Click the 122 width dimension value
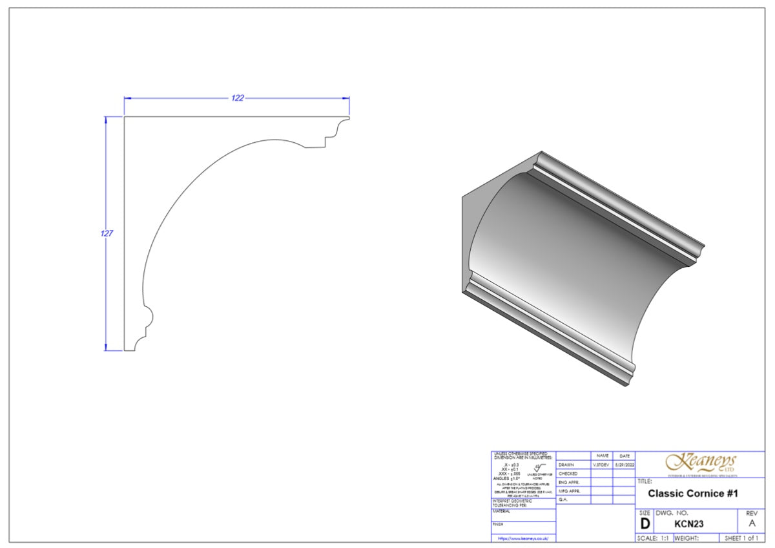click(238, 98)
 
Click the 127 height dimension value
click(107, 233)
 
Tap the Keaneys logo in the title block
click(701, 463)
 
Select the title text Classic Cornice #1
click(692, 494)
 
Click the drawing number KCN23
click(688, 523)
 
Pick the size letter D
click(645, 523)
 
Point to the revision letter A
click(751, 523)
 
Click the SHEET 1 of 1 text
click(741, 538)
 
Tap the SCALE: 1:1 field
click(653, 538)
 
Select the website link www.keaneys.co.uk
click(522, 538)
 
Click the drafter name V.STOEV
click(601, 465)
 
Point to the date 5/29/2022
click(624, 465)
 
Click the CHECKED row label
click(568, 474)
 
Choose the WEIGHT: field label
click(687, 538)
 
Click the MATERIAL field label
click(502, 511)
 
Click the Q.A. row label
click(563, 500)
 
